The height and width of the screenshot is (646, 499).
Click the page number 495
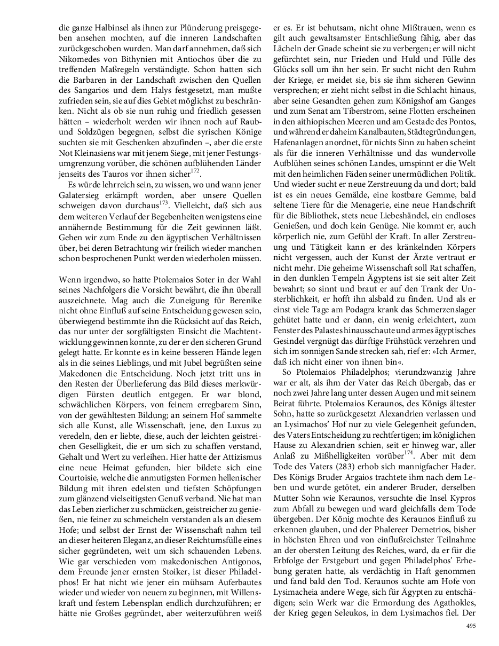[x=470, y=626]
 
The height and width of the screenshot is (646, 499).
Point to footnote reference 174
[x=409, y=455]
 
